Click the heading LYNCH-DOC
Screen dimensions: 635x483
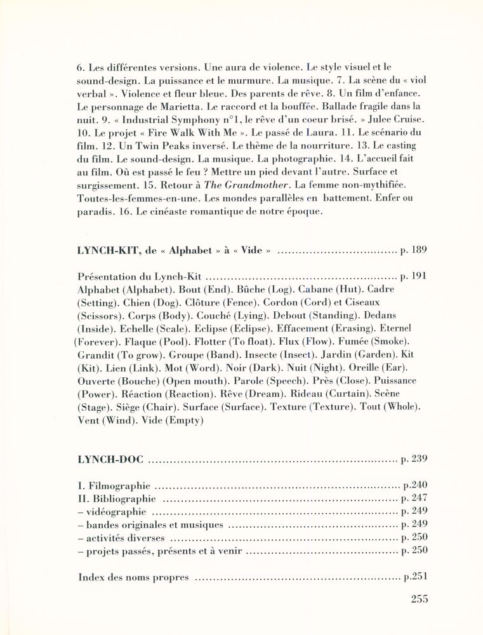point(110,458)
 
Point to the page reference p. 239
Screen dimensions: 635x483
point(414,458)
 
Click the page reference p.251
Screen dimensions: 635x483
point(415,577)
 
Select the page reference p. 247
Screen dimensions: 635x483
point(414,498)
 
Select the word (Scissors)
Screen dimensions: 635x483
point(100,316)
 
